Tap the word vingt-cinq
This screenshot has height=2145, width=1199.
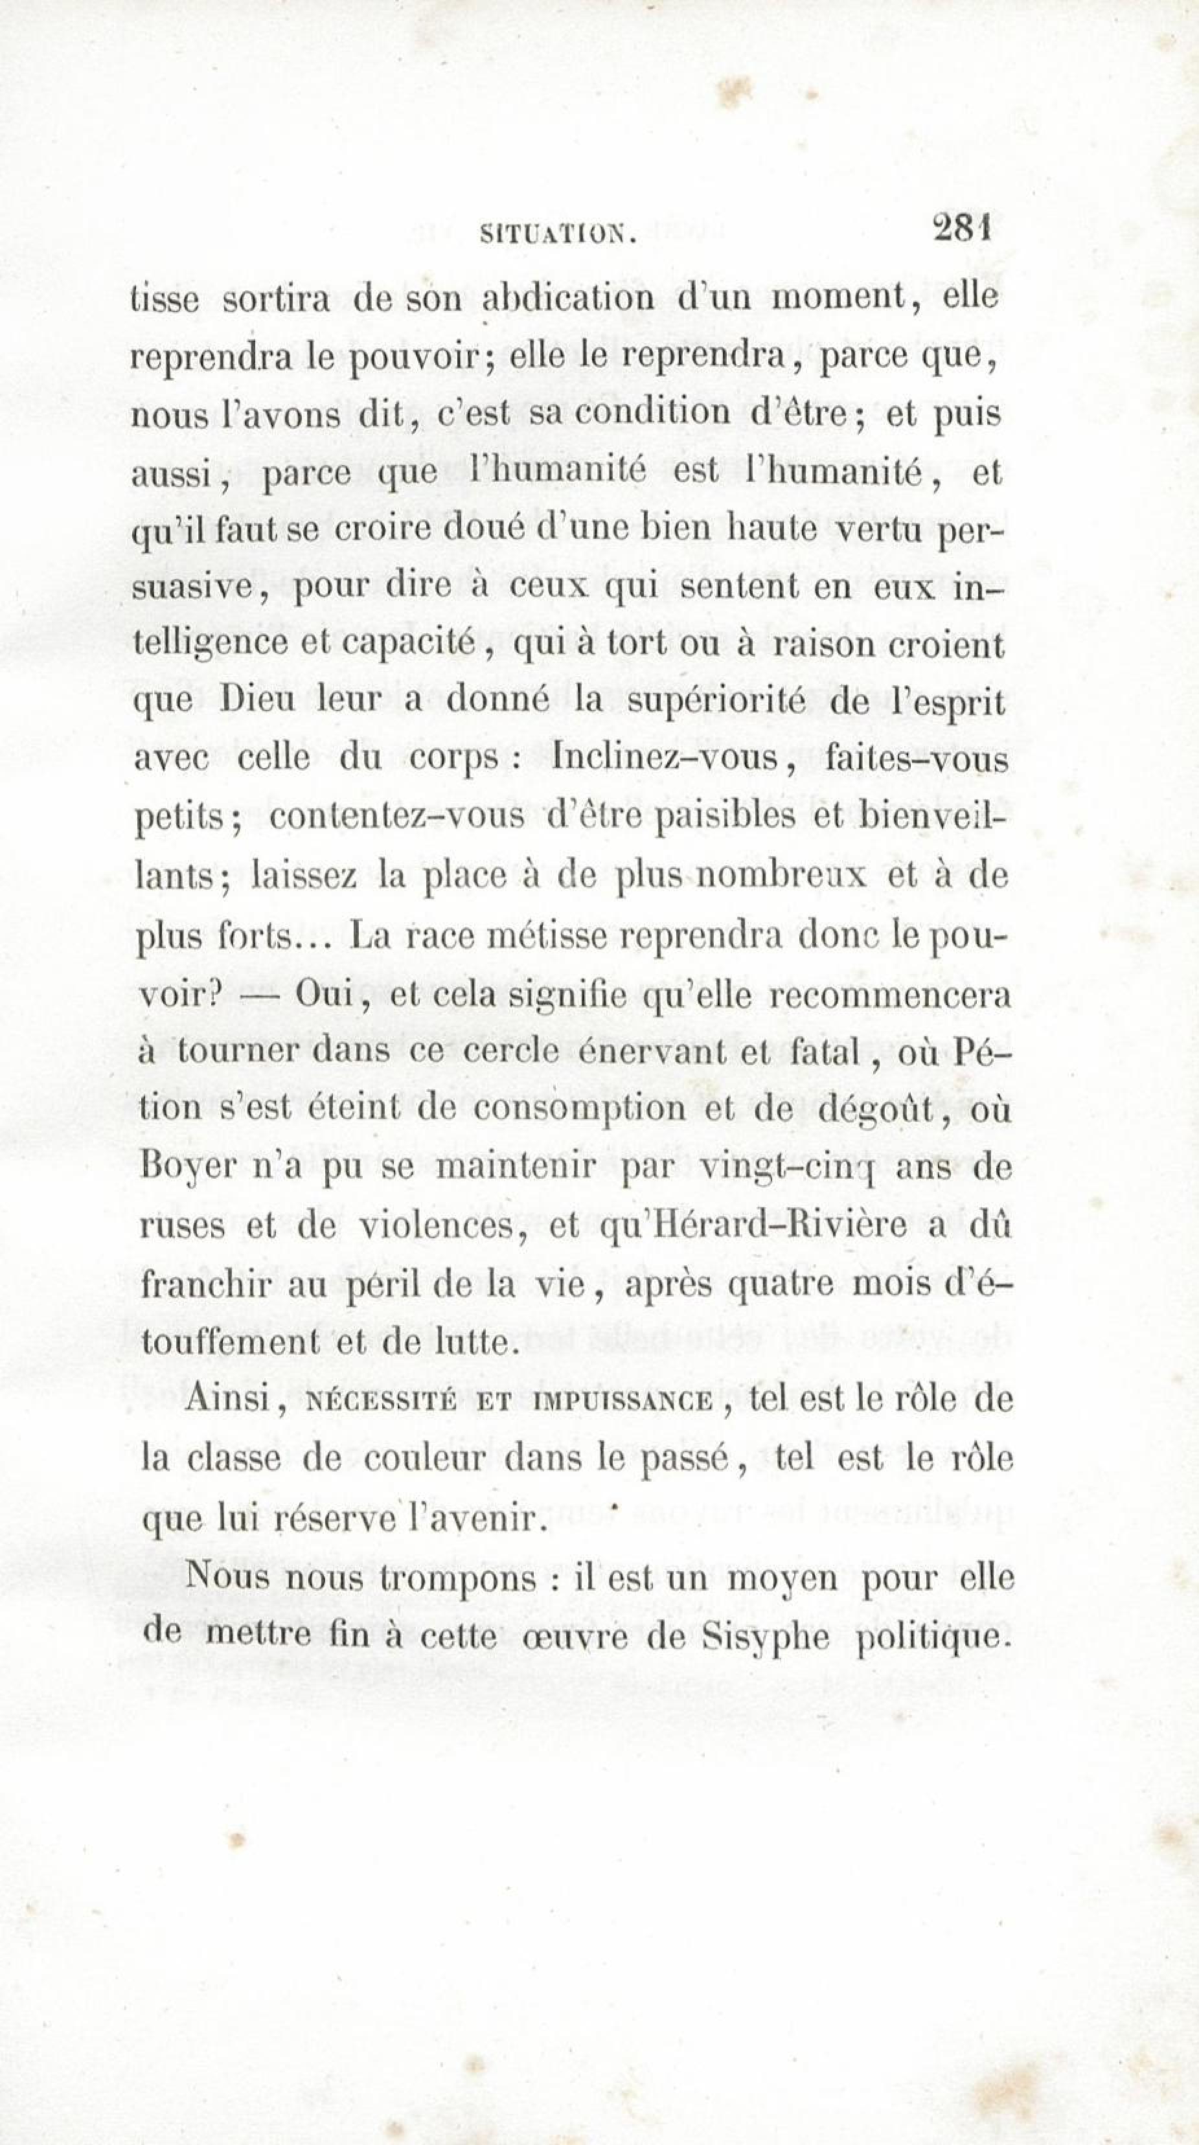coord(784,1168)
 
